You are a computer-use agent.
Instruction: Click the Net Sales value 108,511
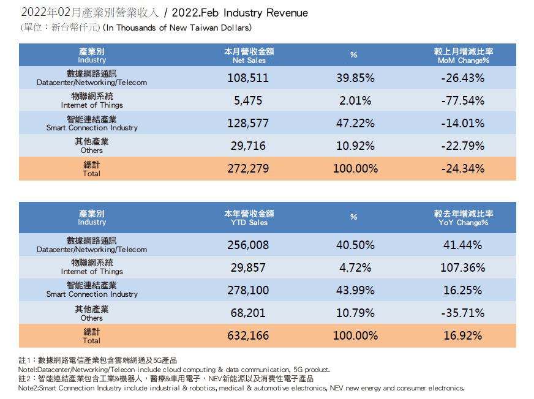coord(248,78)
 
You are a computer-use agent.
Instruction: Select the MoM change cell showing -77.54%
coord(463,100)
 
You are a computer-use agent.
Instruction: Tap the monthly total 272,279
coord(248,168)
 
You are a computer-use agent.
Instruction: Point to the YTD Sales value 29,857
coord(248,267)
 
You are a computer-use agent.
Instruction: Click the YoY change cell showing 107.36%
coord(463,267)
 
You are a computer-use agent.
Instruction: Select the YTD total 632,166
coord(248,335)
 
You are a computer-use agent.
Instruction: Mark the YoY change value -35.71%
coord(463,313)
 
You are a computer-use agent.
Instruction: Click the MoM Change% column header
coord(463,56)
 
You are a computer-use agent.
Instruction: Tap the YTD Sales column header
coord(249,218)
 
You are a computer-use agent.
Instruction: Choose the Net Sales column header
coord(249,56)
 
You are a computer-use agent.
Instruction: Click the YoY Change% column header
coord(463,218)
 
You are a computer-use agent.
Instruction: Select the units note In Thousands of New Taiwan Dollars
coord(177,28)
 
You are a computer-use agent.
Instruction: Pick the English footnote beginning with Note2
coord(241,388)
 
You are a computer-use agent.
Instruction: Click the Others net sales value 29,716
coord(248,146)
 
